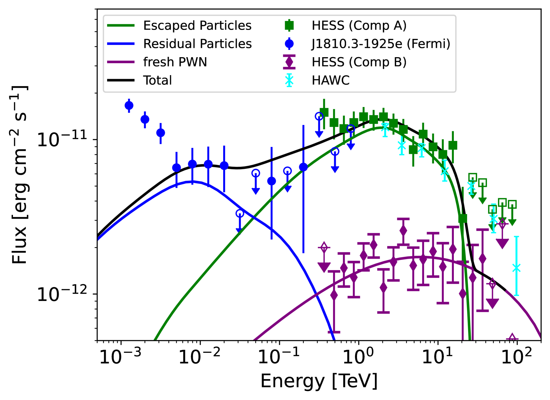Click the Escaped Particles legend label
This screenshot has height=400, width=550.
[x=197, y=26]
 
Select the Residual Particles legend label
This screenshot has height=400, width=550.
[x=197, y=44]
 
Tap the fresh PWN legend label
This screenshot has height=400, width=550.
[x=175, y=62]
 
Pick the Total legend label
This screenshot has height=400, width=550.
[x=157, y=80]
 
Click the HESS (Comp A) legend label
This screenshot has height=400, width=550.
[x=359, y=26]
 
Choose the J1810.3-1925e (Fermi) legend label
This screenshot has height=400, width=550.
[x=381, y=44]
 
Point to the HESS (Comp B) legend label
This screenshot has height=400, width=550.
[x=359, y=62]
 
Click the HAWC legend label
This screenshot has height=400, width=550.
[x=331, y=80]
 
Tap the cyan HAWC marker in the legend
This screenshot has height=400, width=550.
[x=289, y=80]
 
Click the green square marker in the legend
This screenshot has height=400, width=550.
[x=289, y=26]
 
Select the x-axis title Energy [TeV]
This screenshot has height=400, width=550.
[x=319, y=381]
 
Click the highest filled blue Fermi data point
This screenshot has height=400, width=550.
[x=129, y=106]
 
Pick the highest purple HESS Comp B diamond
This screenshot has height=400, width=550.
[x=403, y=231]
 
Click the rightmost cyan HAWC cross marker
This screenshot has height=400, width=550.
[x=516, y=268]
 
